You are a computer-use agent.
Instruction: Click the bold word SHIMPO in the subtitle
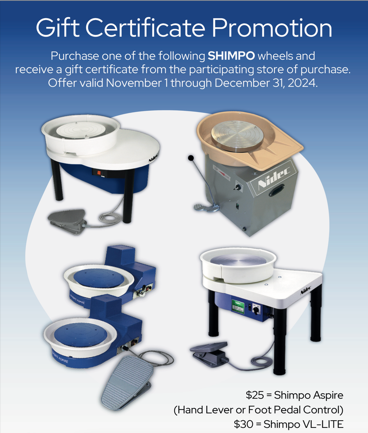231,56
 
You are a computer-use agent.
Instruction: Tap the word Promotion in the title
272,28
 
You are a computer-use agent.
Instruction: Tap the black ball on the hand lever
191,158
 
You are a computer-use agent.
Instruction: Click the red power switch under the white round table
99,173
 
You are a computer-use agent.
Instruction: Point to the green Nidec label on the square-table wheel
238,307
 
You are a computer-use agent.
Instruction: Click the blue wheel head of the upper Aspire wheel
99,278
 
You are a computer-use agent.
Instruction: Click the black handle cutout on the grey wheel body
277,190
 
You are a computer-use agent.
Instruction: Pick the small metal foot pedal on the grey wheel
206,208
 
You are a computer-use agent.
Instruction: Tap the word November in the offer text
134,83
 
